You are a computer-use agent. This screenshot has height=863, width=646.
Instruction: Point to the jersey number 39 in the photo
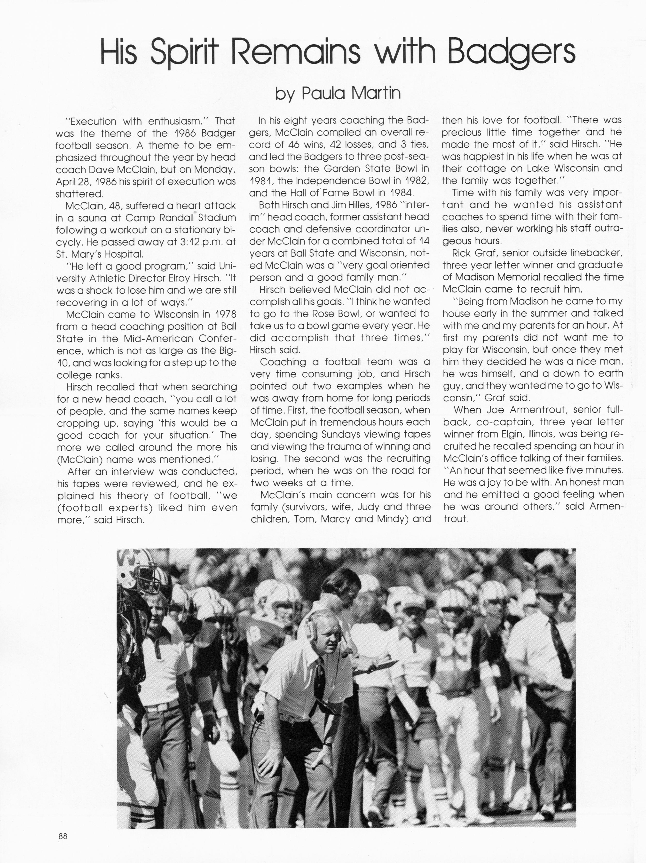click(453, 648)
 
